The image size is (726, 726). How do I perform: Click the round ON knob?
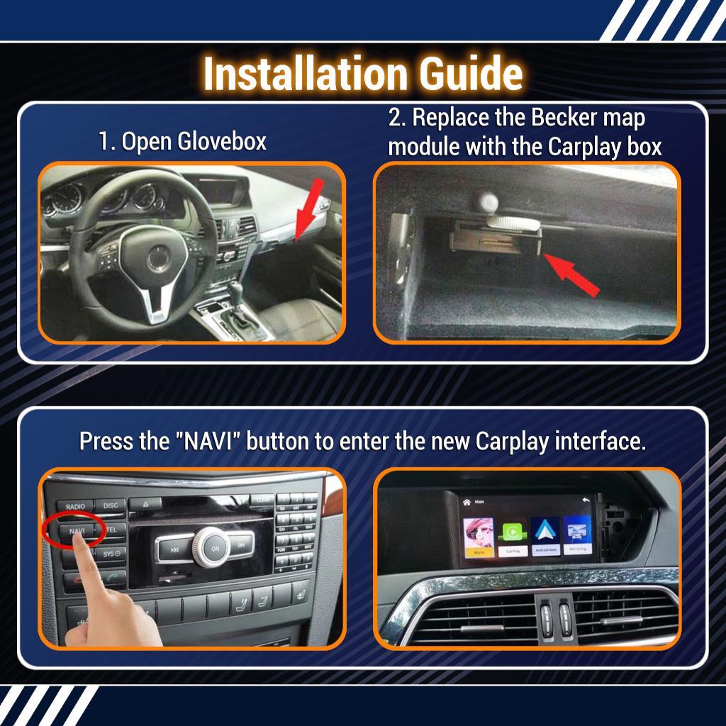pyautogui.click(x=215, y=548)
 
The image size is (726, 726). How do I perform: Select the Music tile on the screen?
pyautogui.click(x=479, y=536)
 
